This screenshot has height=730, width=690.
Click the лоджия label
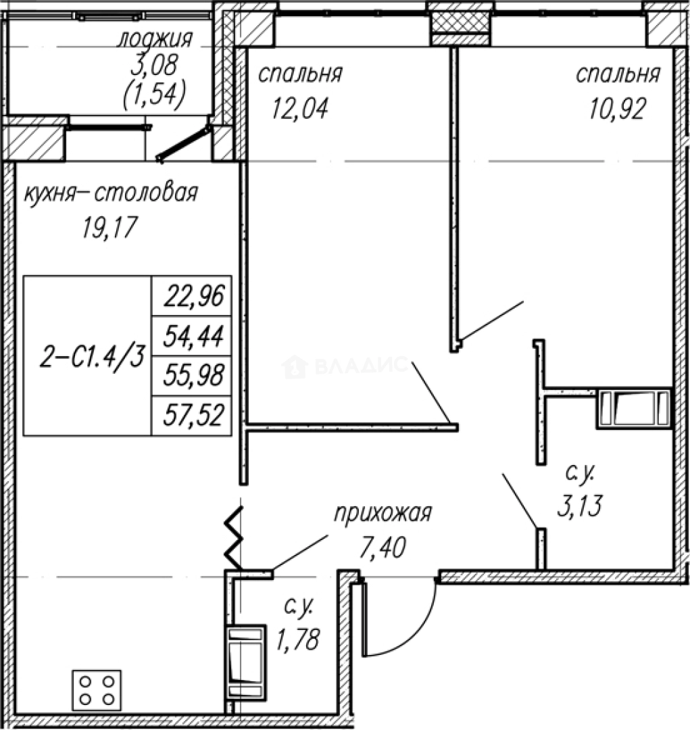(x=155, y=40)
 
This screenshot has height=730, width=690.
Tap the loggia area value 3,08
(x=154, y=66)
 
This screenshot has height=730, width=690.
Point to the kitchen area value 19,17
(x=110, y=228)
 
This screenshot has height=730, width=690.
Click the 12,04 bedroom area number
(x=300, y=108)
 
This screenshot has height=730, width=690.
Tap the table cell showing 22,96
(x=192, y=296)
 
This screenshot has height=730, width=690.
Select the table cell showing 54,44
(x=192, y=336)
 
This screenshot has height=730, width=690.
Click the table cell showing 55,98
(x=192, y=376)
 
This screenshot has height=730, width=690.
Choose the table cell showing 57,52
(x=192, y=416)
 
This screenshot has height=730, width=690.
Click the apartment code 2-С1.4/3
(x=92, y=358)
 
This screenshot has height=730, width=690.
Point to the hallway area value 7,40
(x=383, y=547)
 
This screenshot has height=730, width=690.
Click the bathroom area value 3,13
(x=580, y=506)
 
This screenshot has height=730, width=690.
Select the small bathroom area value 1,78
(x=298, y=639)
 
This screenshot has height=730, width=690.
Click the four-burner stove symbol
(x=97, y=690)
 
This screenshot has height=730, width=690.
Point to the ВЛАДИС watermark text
(x=345, y=366)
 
